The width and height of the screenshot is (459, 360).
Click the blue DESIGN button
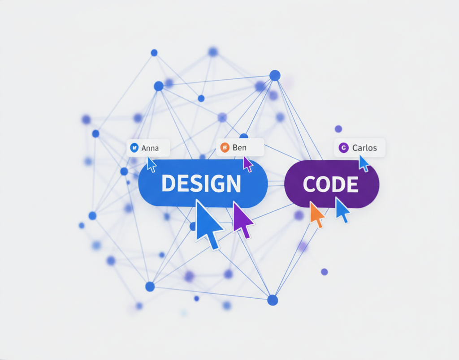pos(203,184)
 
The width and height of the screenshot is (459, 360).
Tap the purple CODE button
pos(332,184)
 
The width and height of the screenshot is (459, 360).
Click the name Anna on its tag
pos(150,148)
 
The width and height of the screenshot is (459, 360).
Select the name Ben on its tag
pos(239,148)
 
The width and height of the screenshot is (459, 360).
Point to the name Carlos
pos(364,148)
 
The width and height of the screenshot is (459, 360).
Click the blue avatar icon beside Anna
pos(134,148)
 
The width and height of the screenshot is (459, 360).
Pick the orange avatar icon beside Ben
pos(225,148)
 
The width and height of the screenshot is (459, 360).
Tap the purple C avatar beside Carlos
pos(344,148)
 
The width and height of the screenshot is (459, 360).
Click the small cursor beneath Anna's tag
pos(152,164)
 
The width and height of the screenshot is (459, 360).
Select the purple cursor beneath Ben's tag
pos(247,164)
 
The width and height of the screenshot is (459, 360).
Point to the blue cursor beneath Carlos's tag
pos(364,163)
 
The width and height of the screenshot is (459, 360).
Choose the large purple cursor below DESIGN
pos(242,220)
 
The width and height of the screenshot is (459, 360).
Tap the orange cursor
pos(316,214)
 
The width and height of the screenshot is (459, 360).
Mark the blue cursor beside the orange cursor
pos(342,210)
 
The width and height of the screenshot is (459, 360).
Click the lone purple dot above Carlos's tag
pos(338,129)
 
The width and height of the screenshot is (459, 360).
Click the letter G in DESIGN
pos(215,184)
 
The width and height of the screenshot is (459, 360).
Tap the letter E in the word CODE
pos(353,184)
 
